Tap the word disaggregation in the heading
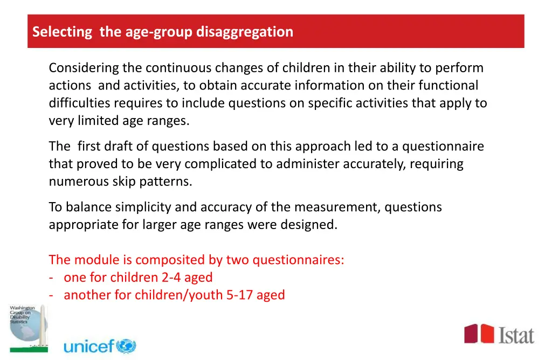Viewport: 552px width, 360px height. [245, 32]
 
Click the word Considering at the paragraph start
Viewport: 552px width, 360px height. [84, 68]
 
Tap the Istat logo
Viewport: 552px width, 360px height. [499, 334]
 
